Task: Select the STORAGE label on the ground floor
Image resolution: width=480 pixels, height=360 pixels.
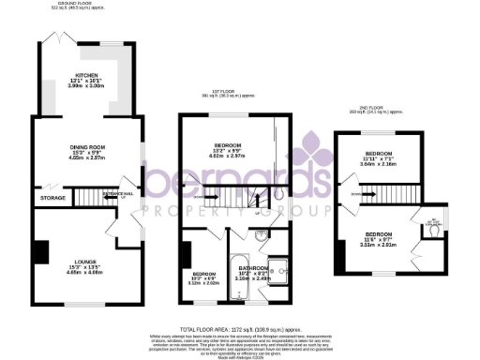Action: pos(53,199)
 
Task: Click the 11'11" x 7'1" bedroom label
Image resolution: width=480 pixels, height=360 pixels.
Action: pos(379,153)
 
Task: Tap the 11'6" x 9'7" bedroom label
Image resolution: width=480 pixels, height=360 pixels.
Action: pos(379,233)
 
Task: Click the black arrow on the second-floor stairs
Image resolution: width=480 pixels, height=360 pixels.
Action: pos(369,194)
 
